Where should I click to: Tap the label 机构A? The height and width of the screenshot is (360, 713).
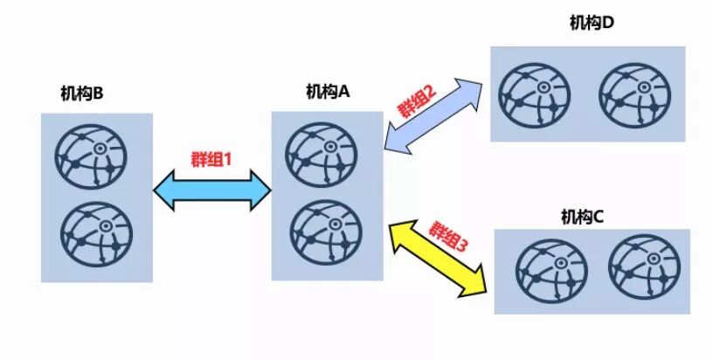[328, 90]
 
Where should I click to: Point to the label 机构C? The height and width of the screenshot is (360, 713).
[583, 215]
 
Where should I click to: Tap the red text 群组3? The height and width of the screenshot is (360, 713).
[448, 238]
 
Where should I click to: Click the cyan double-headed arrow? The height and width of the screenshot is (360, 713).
[212, 189]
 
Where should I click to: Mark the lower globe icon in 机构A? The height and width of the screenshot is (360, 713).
[326, 233]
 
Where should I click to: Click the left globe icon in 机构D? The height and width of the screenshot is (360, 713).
[535, 93]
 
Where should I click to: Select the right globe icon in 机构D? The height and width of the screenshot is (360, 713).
[635, 93]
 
